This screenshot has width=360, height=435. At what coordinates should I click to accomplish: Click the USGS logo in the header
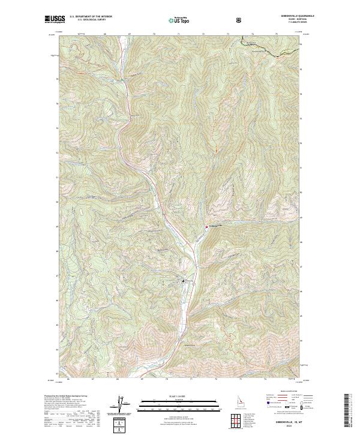55,20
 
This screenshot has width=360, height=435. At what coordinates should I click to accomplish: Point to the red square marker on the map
208,227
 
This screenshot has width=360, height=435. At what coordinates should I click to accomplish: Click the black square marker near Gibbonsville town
184,281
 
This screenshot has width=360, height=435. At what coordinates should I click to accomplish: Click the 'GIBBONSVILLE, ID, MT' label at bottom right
290,421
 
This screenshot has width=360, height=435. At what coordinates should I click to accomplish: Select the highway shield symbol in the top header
239,20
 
